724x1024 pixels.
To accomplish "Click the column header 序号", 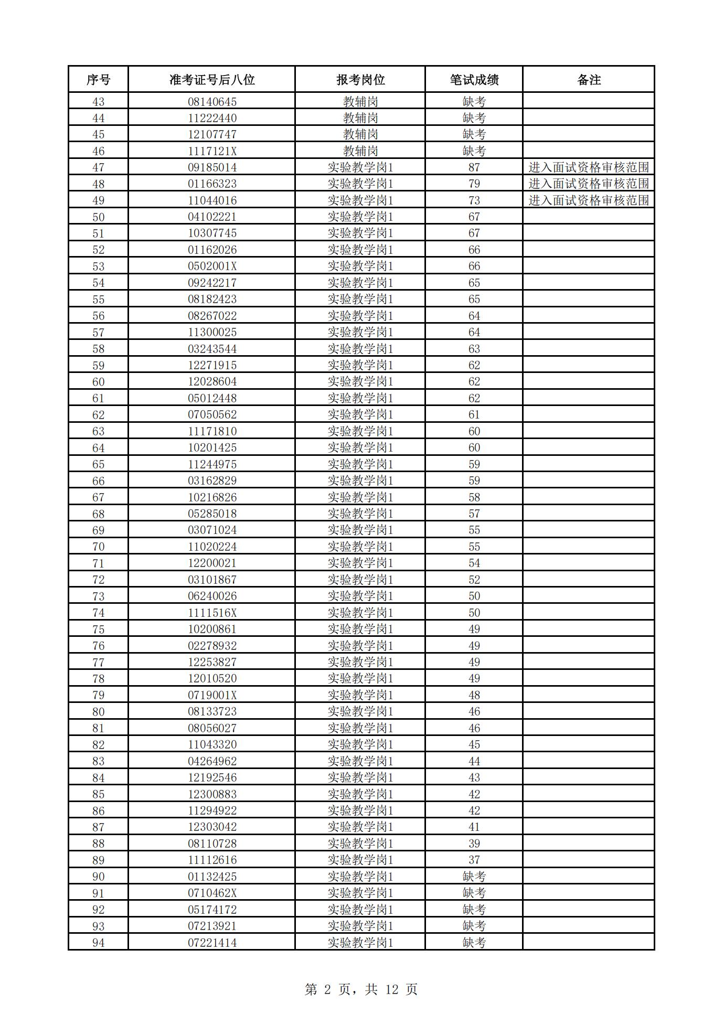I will click(98, 80).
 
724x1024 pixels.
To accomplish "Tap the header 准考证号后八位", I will click(212, 80).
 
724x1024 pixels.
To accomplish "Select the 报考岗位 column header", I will click(360, 80).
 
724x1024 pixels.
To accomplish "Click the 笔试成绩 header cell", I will click(474, 80).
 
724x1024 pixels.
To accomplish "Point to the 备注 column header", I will click(589, 80).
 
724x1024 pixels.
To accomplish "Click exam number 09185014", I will click(212, 167).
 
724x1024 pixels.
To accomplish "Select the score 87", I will click(474, 167).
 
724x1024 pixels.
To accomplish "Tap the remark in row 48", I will click(589, 184).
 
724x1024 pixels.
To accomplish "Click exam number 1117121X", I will click(212, 151).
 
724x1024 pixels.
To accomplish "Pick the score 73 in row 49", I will click(474, 200).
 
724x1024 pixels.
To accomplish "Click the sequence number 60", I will click(98, 382).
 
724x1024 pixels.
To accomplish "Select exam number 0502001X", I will click(212, 266).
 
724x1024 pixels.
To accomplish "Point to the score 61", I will click(474, 415).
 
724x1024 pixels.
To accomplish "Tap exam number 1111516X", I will click(212, 613).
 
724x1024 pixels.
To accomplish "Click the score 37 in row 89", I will click(474, 860).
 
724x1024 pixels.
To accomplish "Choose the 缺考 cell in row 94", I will click(474, 943).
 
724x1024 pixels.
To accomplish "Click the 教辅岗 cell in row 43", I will click(360, 102).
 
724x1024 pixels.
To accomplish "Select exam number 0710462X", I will click(212, 893).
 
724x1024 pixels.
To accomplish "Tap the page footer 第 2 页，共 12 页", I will click(361, 989).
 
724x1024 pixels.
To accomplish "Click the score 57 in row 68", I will click(474, 514).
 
